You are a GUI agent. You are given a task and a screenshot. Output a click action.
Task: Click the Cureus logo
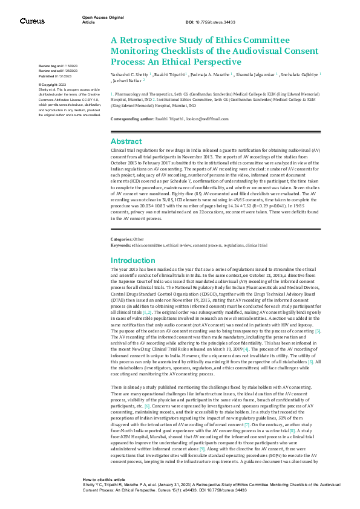pyautogui.click(x=31, y=21)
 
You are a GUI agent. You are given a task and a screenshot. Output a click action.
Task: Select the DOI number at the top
pyautogui.click(x=206, y=21)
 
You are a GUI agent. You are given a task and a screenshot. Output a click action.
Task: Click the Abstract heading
pyautogui.click(x=126, y=141)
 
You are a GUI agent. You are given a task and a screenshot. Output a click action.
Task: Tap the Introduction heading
pyautogui.click(x=134, y=277)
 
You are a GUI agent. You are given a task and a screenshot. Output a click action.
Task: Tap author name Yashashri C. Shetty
pyautogui.click(x=129, y=73)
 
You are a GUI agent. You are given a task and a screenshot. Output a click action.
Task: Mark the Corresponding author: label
pyautogui.click(x=132, y=120)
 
